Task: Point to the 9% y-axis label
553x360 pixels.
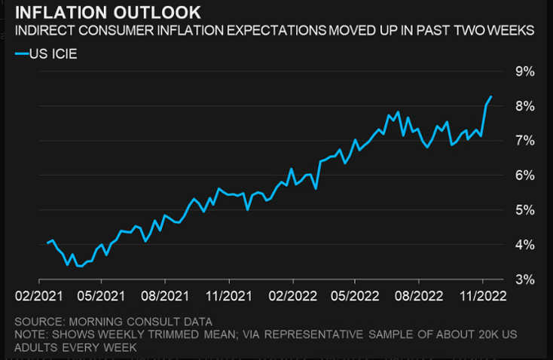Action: pos(524,72)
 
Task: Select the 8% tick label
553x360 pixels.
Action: pos(524,106)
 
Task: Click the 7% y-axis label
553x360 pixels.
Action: pos(524,141)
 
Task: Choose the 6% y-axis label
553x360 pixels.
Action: pos(524,175)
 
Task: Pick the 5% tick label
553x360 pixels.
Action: pos(524,210)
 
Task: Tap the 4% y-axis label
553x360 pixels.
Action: pos(524,245)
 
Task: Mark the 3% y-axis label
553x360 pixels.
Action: pos(524,279)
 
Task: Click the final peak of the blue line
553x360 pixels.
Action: pos(491,96)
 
